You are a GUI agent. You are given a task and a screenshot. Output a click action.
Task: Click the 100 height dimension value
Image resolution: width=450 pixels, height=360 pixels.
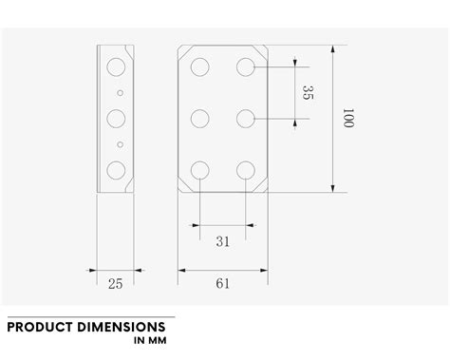[x=348, y=119]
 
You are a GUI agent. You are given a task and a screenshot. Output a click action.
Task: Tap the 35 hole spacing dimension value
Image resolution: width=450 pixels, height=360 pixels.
[x=307, y=93]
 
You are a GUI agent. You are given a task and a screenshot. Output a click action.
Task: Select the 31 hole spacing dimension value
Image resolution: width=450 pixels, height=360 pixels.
[x=223, y=241]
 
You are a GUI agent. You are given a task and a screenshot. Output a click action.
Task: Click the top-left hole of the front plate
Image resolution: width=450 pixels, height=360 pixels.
[x=200, y=66]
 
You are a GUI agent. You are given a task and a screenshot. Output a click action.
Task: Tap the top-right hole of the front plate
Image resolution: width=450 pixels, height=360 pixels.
[x=246, y=66]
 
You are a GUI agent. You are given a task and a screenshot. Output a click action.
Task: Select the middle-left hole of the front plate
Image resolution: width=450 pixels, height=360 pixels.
[x=200, y=119]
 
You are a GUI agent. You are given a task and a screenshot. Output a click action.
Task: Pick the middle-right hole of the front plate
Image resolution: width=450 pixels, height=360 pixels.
[x=246, y=119]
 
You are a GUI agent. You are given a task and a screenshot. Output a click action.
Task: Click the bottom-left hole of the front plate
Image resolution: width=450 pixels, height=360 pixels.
[x=200, y=171]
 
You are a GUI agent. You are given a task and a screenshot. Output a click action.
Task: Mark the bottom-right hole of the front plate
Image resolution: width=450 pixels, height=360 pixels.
[x=246, y=171]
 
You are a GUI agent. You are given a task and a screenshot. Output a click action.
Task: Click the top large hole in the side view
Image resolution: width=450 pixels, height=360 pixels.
[x=117, y=66]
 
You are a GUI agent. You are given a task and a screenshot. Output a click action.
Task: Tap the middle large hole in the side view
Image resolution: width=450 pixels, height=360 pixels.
[x=117, y=119]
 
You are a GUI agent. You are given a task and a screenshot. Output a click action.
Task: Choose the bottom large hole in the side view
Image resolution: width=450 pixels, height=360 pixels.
[x=117, y=171]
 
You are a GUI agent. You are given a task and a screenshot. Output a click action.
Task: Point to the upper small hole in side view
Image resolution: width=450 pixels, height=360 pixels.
[x=119, y=93]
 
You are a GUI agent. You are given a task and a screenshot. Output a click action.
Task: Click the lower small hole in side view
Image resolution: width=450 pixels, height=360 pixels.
[x=119, y=144]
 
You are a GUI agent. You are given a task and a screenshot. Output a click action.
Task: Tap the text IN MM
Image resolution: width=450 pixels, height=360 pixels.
[x=151, y=340]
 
